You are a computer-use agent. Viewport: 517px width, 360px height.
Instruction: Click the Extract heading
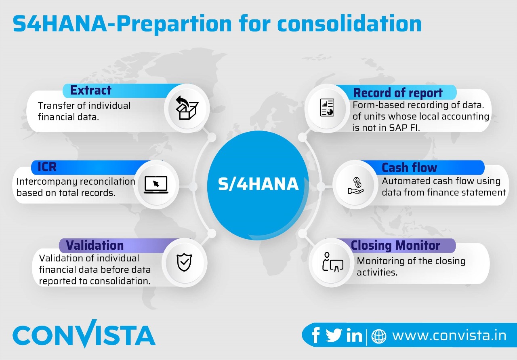[91, 90]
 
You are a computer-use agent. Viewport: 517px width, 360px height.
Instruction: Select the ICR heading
[47, 167]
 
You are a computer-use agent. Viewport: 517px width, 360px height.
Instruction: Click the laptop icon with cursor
[156, 185]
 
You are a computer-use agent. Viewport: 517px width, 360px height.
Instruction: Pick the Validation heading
[95, 245]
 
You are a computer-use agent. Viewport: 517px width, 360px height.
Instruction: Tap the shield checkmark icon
[185, 263]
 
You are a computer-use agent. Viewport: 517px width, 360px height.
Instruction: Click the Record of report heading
[398, 93]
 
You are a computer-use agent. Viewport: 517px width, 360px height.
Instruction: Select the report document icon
[327, 108]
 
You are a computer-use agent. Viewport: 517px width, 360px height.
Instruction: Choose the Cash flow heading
[409, 167]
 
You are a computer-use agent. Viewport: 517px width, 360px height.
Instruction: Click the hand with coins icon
[356, 186]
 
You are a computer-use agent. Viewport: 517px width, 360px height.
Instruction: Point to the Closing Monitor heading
[395, 245]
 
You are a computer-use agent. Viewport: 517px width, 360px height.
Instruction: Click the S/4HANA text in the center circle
[258, 184]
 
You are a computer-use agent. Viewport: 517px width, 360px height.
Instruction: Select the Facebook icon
[316, 335]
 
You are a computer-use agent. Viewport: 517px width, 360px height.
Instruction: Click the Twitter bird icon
[334, 335]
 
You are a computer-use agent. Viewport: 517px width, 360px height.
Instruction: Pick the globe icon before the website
[378, 336]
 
